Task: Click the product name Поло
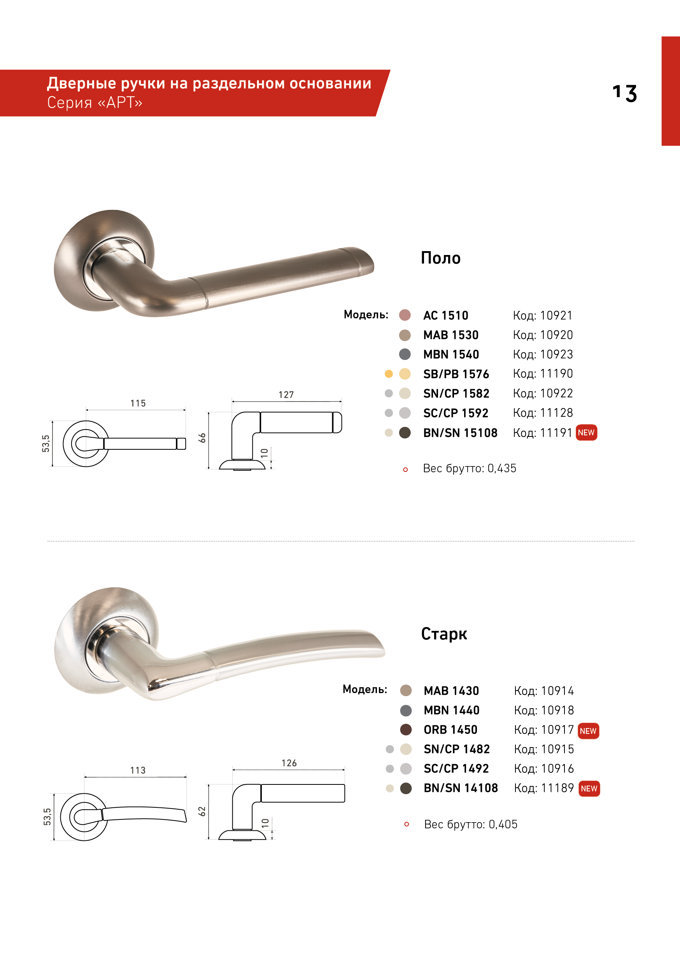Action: (x=440, y=258)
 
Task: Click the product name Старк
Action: (x=444, y=634)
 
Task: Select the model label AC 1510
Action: (x=445, y=315)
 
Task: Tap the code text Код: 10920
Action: (x=543, y=335)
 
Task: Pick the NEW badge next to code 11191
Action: (x=586, y=433)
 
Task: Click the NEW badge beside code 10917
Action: (x=588, y=731)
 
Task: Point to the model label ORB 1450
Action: (x=450, y=730)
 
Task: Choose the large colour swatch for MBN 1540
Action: (x=405, y=355)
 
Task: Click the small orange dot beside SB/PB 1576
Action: (x=389, y=374)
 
